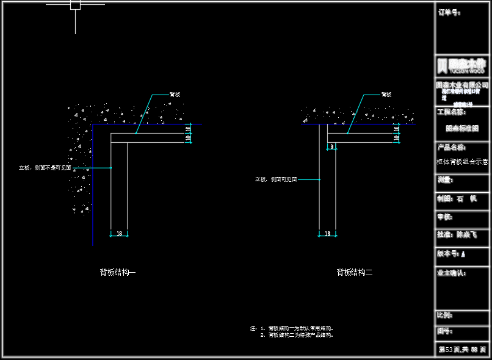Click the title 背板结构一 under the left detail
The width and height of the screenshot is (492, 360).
pyautogui.click(x=118, y=273)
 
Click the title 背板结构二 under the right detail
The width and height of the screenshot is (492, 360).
pyautogui.click(x=354, y=273)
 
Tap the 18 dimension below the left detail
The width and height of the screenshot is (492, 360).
pyautogui.click(x=119, y=234)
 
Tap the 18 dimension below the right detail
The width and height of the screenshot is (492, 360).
pyautogui.click(x=328, y=234)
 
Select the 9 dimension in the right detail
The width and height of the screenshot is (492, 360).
pyautogui.click(x=331, y=147)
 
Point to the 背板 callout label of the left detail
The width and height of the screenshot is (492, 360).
pyautogui.click(x=175, y=95)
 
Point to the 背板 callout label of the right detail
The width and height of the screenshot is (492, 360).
pyautogui.click(x=386, y=95)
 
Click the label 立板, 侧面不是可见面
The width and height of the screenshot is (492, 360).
pyautogui.click(x=45, y=168)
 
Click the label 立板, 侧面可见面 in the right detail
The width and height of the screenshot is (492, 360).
pyautogui.click(x=276, y=179)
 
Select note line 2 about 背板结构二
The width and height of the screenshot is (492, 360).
pyautogui.click(x=297, y=335)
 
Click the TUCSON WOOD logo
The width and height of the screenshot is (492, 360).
pyautogui.click(x=462, y=66)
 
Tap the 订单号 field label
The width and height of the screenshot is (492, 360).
pyautogui.click(x=448, y=12)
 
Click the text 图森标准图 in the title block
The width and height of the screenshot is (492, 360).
pyautogui.click(x=462, y=129)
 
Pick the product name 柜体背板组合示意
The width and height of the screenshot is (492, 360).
pyautogui.click(x=463, y=162)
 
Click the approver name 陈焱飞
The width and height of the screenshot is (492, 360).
pyautogui.click(x=466, y=234)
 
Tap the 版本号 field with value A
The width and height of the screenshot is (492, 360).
pyautogui.click(x=452, y=254)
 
